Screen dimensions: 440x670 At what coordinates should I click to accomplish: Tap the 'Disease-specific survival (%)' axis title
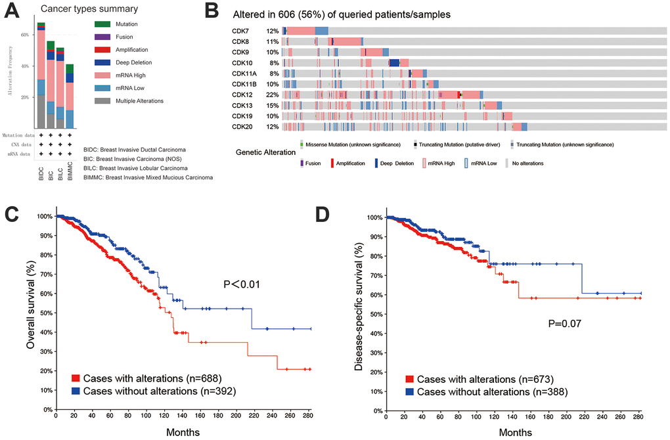click(359, 309)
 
